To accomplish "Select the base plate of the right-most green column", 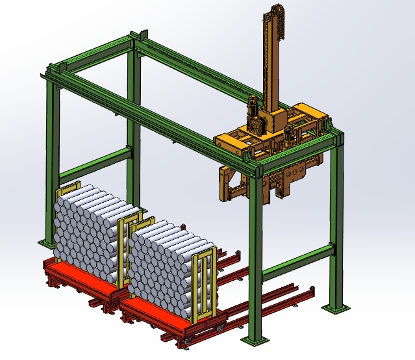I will point(337,307).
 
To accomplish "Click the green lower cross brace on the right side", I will point(296,260).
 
